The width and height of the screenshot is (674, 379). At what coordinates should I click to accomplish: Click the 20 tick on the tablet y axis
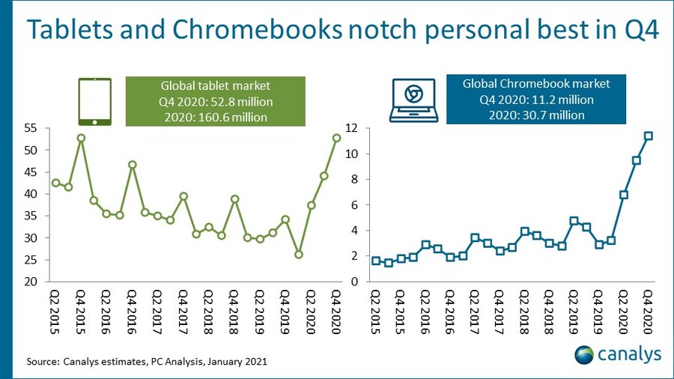pos(33,282)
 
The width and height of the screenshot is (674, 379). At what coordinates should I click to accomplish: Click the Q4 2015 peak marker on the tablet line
pos(81,138)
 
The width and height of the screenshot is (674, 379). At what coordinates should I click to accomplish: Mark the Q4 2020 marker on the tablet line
pos(336,138)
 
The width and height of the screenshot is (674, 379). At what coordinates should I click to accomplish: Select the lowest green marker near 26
pos(298,255)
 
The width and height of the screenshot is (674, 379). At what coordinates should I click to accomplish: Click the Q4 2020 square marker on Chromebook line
pos(649,136)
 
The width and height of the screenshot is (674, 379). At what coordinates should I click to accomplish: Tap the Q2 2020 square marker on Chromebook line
pos(623,195)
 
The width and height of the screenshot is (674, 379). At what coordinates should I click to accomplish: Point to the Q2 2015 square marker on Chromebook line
pos(376,261)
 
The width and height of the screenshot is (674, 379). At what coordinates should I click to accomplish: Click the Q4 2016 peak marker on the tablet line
pos(132,165)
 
